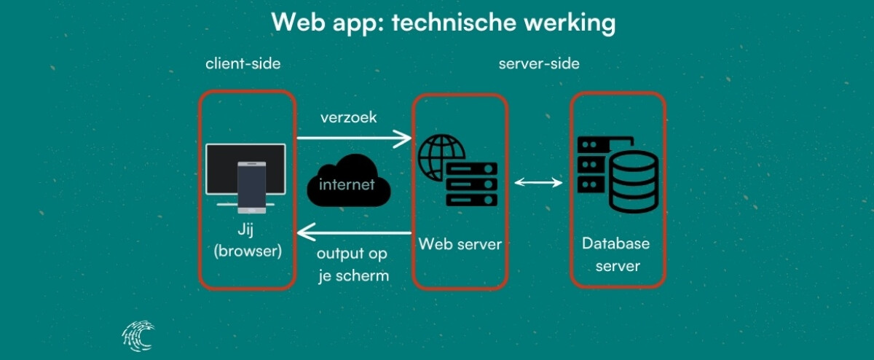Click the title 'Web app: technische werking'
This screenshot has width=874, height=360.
coord(443,23)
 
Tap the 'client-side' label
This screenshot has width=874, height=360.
coord(243,64)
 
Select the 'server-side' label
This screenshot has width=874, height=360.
coord(539,64)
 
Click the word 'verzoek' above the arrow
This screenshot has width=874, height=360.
coord(349,117)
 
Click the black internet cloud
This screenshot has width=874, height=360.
coord(347,180)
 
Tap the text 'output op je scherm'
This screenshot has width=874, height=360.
coord(353,265)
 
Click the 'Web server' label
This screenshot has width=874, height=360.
coord(460,243)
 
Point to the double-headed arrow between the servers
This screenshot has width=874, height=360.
coord(538,182)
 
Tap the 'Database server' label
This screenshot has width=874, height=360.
coord(617,254)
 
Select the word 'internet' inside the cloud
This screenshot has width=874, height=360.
coord(347,184)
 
